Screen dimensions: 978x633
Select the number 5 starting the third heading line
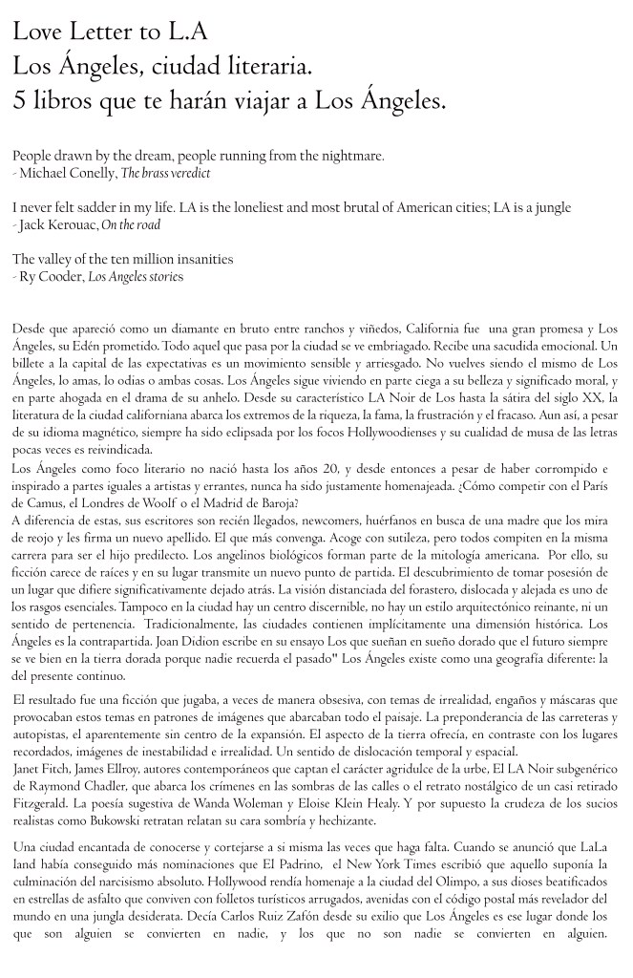coord(19,99)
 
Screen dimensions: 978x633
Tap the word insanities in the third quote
coord(200,259)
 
